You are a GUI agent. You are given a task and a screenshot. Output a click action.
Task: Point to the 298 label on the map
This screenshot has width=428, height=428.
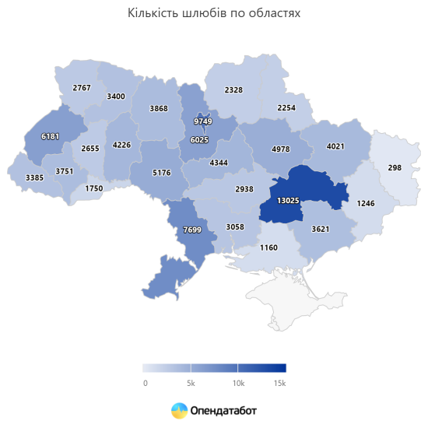tap(394, 168)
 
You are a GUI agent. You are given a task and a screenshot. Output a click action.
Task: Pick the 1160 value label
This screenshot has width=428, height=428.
tap(268, 247)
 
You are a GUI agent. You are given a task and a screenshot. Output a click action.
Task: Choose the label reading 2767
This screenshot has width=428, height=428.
tap(82, 88)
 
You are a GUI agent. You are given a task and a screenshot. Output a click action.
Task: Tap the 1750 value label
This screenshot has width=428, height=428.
tap(94, 189)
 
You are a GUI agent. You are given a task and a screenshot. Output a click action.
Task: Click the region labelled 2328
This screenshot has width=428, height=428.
tap(233, 90)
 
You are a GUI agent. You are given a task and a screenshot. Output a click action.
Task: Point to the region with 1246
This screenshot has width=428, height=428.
tap(366, 204)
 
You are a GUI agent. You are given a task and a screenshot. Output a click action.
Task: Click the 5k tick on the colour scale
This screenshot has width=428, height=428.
tap(191, 384)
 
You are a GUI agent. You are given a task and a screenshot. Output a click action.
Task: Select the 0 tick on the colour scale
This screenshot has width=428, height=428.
tap(145, 384)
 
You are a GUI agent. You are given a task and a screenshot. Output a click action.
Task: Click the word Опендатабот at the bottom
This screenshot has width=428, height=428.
tap(224, 409)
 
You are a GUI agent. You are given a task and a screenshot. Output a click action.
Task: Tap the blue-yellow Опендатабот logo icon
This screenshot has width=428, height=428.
tap(179, 409)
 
